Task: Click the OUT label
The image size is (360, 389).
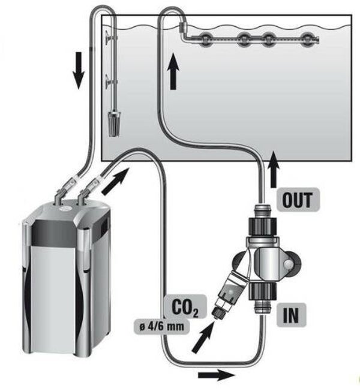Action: [298, 200]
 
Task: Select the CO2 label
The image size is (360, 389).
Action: [185, 307]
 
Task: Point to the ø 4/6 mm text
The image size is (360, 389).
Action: [161, 326]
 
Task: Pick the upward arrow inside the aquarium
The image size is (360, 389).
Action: [173, 72]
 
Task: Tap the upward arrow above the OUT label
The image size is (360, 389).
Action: [274, 169]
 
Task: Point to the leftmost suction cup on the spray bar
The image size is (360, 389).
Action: [205, 39]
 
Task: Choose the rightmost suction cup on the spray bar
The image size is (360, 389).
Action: [307, 39]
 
